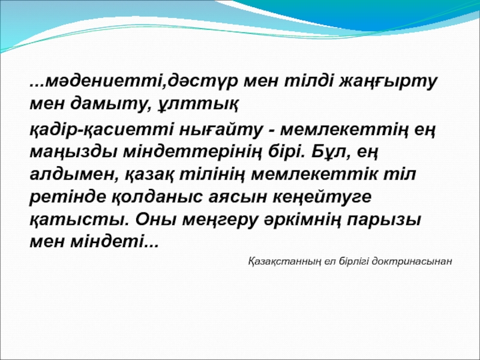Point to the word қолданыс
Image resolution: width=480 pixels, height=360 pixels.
[x=157, y=197]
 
